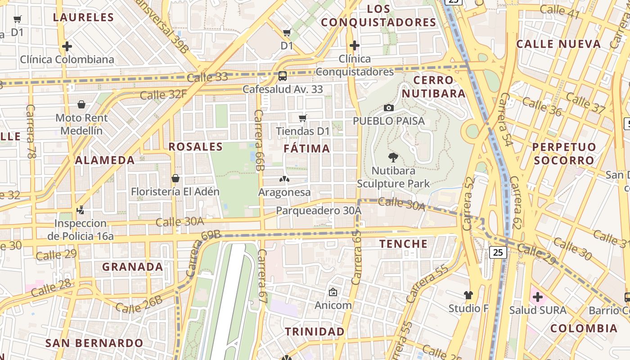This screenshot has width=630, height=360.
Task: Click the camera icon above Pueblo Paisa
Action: [x=389, y=108]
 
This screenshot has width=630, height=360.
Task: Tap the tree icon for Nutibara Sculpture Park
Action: [x=393, y=157]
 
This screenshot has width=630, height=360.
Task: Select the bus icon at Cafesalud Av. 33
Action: [x=283, y=76]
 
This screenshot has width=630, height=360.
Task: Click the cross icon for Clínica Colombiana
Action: [x=67, y=46]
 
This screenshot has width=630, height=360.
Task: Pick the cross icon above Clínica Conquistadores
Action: [x=355, y=45]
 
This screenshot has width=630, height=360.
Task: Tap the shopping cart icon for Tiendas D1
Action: [x=303, y=118]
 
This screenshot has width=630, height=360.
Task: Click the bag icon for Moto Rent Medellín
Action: [x=81, y=105]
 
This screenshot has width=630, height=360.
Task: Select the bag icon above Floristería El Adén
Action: [x=175, y=178]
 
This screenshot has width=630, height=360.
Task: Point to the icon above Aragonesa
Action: [x=284, y=179]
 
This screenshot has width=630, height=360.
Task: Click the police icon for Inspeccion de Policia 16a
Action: [x=81, y=210]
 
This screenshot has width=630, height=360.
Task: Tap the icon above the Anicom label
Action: [x=333, y=292]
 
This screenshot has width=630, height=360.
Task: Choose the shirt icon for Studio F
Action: [x=468, y=295]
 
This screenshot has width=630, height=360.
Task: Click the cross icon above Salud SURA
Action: [x=537, y=297]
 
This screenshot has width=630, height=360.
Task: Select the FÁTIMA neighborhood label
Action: [x=307, y=148]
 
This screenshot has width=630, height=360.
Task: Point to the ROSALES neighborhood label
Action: [x=195, y=147]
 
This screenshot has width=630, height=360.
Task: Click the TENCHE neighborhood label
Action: [x=404, y=244]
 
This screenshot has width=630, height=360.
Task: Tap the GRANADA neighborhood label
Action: [x=133, y=267]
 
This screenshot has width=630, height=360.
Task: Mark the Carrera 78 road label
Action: [x=31, y=131]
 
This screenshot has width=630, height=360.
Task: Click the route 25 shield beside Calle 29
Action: [x=498, y=252]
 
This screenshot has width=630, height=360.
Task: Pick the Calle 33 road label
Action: [x=207, y=77]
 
